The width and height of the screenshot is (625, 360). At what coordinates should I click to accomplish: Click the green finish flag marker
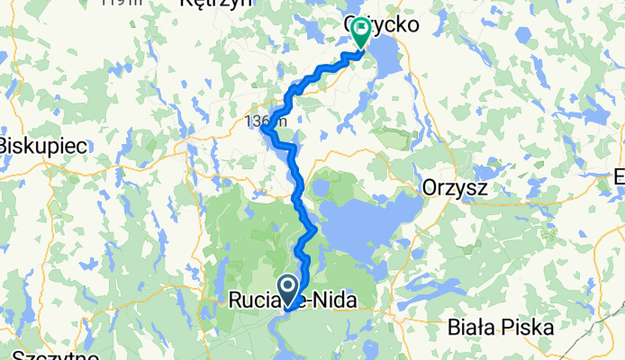pyautogui.click(x=360, y=31)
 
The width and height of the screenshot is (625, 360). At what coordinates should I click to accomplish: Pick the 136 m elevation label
pyautogui.click(x=266, y=120)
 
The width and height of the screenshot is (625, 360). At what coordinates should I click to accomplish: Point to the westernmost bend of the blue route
pyautogui.click(x=263, y=130)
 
